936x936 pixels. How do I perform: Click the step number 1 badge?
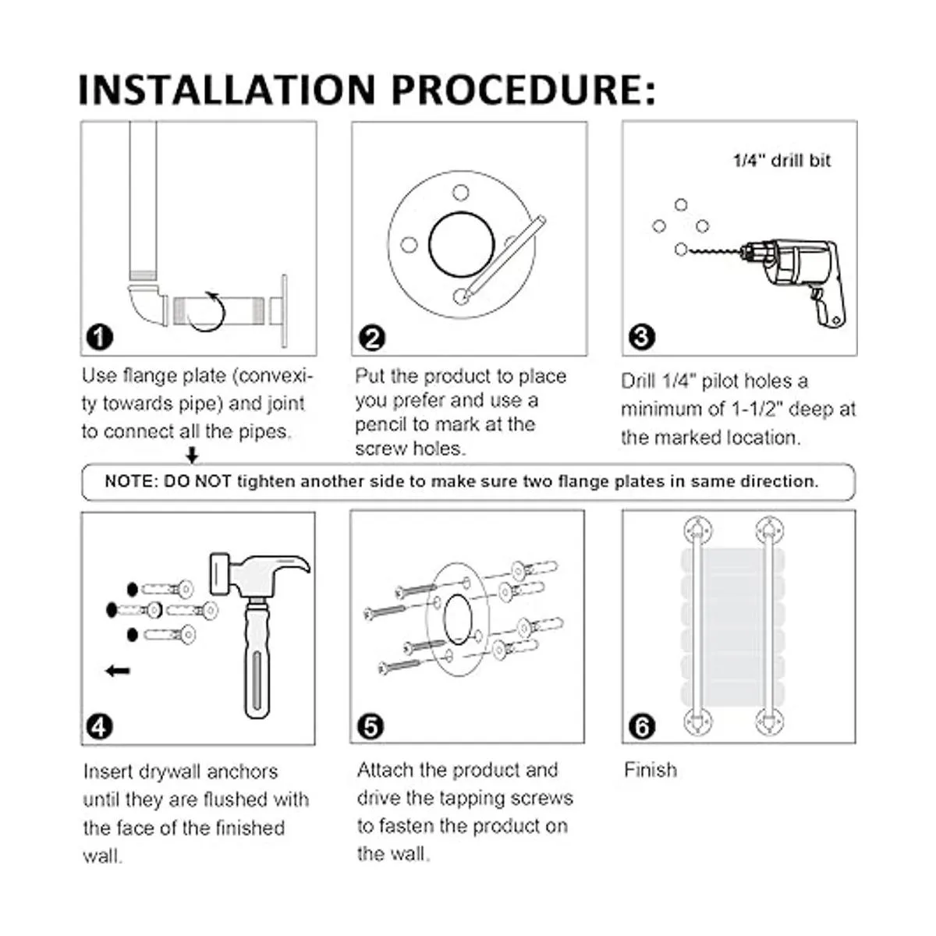click(100, 337)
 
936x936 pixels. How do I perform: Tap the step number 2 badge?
click(372, 338)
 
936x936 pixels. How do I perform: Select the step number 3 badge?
click(642, 337)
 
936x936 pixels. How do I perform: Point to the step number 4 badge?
click(99, 727)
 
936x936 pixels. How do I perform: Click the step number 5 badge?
click(370, 727)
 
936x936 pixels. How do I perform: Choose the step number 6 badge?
click(642, 727)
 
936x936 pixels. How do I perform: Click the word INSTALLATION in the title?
click(227, 90)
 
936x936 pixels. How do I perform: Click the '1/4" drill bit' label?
click(782, 161)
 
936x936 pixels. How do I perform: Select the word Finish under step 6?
click(651, 770)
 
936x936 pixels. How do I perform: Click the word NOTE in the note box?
click(129, 481)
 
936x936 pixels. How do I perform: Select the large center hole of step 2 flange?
click(462, 245)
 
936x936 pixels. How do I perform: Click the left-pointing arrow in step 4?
click(118, 672)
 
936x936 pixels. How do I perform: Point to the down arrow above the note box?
click(193, 455)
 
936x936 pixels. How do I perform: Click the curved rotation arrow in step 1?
click(208, 312)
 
